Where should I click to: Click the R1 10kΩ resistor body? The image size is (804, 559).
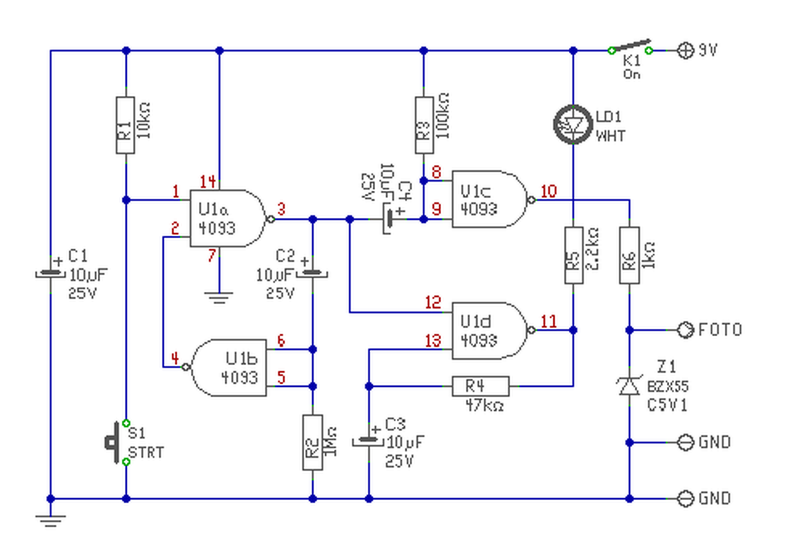tap(125, 125)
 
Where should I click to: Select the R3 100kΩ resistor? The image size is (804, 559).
tap(424, 125)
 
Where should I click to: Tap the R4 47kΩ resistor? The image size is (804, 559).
tap(481, 386)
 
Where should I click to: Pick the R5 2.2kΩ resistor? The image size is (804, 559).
tap(573, 256)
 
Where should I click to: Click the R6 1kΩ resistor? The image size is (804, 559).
tap(629, 256)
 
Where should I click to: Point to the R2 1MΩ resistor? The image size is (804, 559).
tap(313, 442)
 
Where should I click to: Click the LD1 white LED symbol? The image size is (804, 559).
tap(573, 124)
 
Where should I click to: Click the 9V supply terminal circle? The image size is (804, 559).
tap(685, 50)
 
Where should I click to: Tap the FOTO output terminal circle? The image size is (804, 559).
tap(685, 330)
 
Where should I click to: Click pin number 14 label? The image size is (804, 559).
tap(208, 182)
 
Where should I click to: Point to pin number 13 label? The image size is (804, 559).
tap(433, 340)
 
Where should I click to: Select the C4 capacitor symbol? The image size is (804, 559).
tap(388, 219)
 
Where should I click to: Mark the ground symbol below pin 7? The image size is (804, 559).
tap(219, 298)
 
